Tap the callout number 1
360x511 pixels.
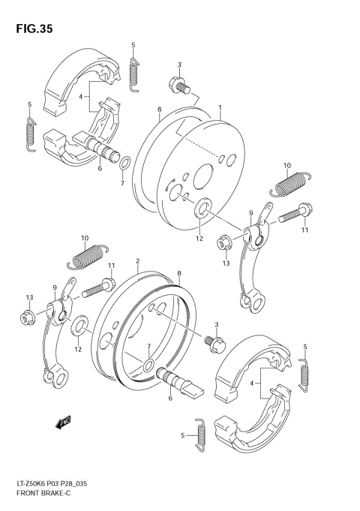click(x=220, y=108)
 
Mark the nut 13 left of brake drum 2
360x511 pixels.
click(x=27, y=318)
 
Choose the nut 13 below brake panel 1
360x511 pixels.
click(x=223, y=243)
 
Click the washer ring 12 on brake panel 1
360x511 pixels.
click(x=202, y=208)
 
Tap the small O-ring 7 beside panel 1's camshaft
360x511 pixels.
click(x=124, y=162)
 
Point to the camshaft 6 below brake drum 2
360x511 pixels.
click(x=178, y=382)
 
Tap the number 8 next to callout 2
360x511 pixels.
click(x=178, y=274)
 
